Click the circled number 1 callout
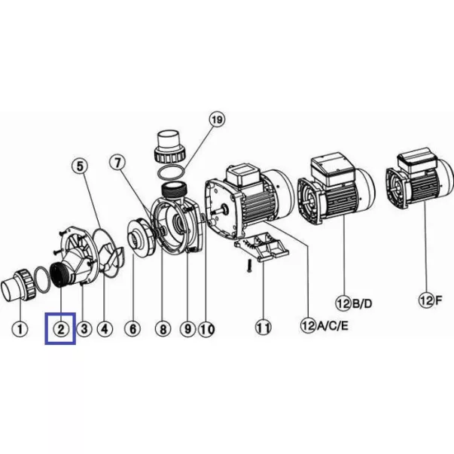pyautogui.click(x=20, y=329)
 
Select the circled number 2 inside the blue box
pyautogui.click(x=61, y=329)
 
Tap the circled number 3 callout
pyautogui.click(x=84, y=329)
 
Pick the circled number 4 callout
pyautogui.click(x=105, y=329)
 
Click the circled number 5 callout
pyautogui.click(x=80, y=166)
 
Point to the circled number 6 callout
pyautogui.click(x=133, y=329)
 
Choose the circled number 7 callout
pyautogui.click(x=117, y=163)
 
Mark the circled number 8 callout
pyautogui.click(x=163, y=329)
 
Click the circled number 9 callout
pyautogui.click(x=188, y=329)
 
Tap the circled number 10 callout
pyautogui.click(x=207, y=329)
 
